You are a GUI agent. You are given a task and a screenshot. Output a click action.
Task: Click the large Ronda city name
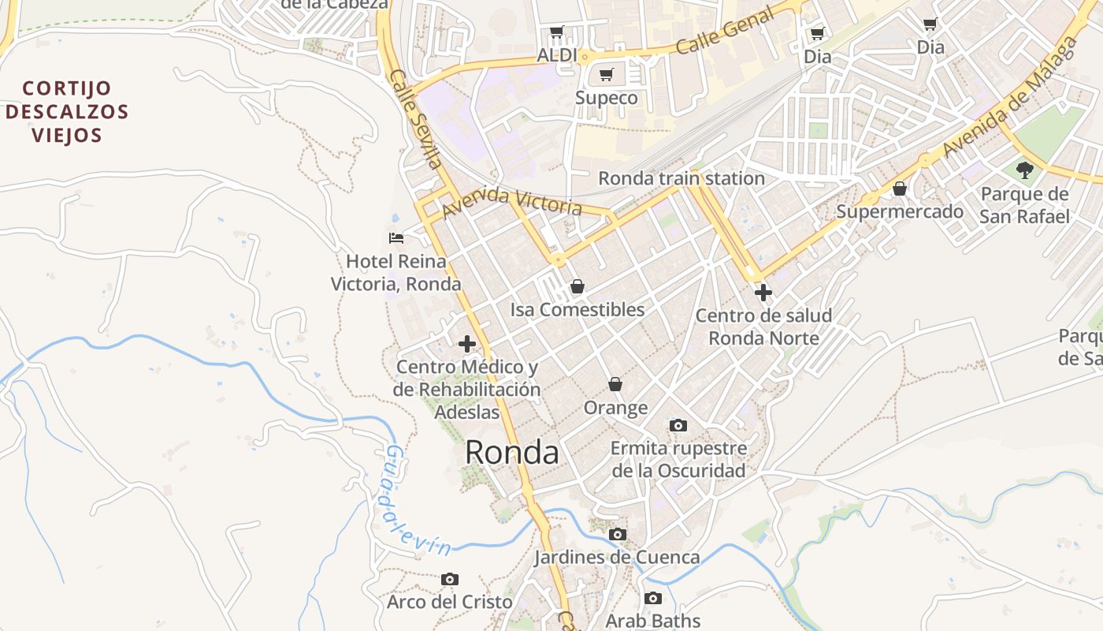(x=512, y=453)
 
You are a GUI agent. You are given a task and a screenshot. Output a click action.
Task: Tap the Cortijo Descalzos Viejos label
(x=67, y=111)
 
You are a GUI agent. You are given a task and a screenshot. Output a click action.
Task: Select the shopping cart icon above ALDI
(x=557, y=32)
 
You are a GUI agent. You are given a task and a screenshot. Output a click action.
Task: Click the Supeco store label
(x=606, y=98)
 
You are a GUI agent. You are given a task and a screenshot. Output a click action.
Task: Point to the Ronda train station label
(x=681, y=178)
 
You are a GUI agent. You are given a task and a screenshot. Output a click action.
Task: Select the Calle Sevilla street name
(x=414, y=119)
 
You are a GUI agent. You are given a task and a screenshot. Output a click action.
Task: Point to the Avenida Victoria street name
(x=512, y=203)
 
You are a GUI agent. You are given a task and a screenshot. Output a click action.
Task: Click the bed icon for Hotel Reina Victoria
(x=396, y=237)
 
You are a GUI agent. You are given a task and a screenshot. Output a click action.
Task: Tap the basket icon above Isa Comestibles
(x=577, y=286)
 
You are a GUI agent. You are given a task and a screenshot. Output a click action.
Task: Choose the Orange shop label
(x=615, y=408)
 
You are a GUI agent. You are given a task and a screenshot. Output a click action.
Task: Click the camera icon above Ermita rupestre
(x=678, y=426)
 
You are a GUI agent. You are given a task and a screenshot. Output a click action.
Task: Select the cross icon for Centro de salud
(x=763, y=293)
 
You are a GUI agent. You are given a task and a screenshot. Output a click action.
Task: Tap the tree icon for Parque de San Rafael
(x=1024, y=169)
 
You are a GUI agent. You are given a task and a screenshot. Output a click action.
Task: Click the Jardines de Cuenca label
(x=617, y=558)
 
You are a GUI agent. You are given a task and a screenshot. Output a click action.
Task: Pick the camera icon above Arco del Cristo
(x=449, y=580)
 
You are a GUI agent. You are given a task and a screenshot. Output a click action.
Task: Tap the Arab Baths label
(x=653, y=621)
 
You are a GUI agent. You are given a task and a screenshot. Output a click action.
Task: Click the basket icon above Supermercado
(x=899, y=189)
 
